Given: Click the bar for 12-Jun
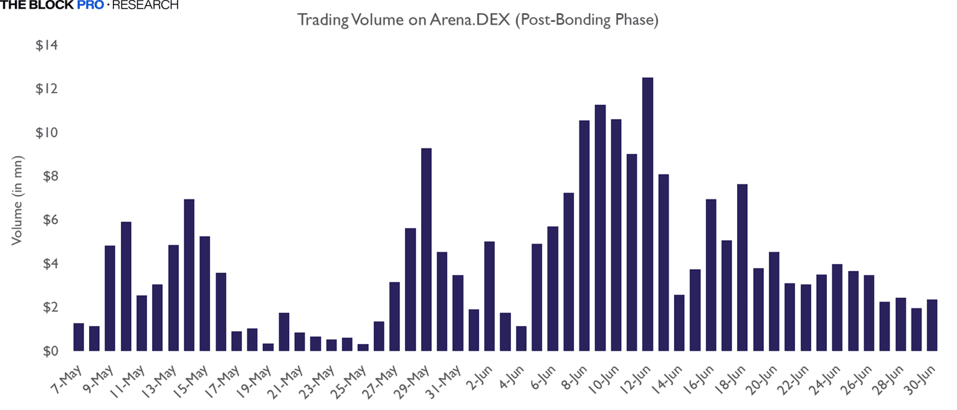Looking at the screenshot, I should point(648,214).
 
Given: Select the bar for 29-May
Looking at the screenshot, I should point(426,249).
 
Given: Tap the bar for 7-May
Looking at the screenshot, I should point(79,337).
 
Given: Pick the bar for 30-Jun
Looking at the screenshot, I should point(932,325).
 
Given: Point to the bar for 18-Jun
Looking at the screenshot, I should point(743,267).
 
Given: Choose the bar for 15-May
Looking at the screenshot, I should point(205,293).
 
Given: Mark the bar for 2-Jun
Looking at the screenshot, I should point(490,296).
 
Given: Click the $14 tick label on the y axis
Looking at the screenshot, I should point(47,45).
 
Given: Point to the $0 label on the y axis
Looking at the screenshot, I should point(49,351).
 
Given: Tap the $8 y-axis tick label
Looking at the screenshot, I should point(49,176).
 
